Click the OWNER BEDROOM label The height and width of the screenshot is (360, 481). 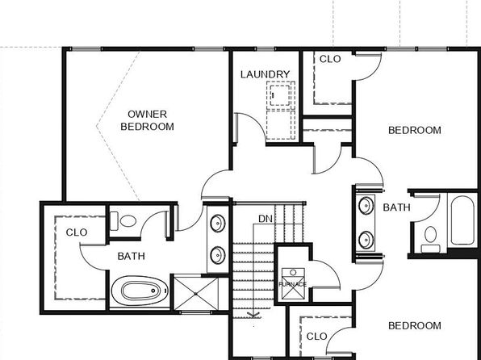point(147,120)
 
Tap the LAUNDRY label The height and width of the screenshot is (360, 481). point(265,74)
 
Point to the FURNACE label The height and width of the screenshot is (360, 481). point(293,284)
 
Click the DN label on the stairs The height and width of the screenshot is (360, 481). point(266,219)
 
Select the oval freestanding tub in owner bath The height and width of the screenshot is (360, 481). point(140,291)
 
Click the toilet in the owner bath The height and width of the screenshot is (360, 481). point(123,221)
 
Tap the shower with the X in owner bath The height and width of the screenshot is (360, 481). point(196,294)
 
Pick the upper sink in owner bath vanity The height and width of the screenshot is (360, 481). point(217,223)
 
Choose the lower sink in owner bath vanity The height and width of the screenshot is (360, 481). point(217,255)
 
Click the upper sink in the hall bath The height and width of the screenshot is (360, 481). point(366,206)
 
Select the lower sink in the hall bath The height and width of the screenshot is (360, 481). point(366,240)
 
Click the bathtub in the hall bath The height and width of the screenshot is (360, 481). point(462,220)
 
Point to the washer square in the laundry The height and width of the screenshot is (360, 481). point(280,95)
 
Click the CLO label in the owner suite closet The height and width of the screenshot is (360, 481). point(77,232)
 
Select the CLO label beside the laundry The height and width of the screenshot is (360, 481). point(330,59)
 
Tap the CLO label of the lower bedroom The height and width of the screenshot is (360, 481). point(317,337)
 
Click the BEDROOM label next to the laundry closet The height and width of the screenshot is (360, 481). point(415,130)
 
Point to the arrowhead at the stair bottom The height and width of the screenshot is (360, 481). point(253,315)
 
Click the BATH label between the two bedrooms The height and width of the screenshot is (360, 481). point(396,207)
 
